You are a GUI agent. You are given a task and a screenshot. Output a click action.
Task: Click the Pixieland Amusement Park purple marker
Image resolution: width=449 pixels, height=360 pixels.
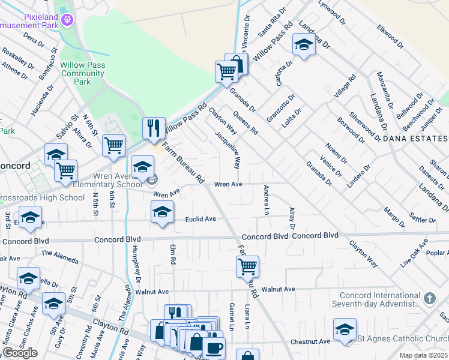67,19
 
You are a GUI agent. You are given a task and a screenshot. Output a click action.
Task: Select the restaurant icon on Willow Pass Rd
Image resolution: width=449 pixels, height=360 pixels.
153,127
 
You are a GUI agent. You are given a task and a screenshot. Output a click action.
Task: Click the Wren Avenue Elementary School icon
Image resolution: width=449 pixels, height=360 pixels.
142,167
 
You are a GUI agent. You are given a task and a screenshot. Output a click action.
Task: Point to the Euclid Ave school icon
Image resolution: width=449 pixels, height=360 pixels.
161,211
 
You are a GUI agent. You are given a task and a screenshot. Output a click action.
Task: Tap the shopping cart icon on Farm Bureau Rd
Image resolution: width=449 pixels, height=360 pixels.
247,266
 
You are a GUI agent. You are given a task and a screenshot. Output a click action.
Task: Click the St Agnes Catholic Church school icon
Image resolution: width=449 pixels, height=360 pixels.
345,329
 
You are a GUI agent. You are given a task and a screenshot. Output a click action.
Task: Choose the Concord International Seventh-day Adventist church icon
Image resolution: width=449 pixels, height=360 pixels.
429,298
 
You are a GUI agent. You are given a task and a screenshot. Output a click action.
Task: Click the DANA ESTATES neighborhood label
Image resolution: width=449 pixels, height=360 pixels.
414,139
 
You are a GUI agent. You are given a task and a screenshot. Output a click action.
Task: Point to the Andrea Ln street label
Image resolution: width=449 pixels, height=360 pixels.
265,200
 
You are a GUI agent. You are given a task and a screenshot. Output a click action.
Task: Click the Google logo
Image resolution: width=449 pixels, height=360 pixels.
20,352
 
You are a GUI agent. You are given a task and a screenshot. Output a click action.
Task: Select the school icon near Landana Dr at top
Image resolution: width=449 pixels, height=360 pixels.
304,45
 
